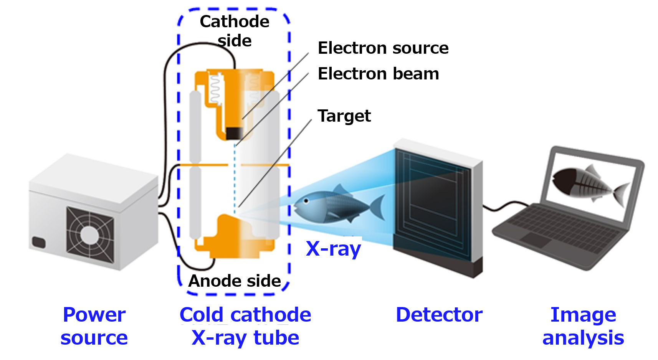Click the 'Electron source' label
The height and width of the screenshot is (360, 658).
tap(383, 48)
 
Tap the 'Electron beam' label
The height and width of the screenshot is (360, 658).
tap(378, 74)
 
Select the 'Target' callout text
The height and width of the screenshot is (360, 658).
tap(344, 116)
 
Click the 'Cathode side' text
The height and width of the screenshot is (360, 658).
tap(235, 31)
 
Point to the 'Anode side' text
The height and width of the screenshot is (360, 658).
tap(235, 281)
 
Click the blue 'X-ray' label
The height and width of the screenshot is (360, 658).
tap(333, 249)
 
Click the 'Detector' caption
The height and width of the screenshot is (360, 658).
tap(439, 315)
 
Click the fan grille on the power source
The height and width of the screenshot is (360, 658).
tap(89, 234)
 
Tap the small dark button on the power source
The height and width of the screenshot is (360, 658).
tap(39, 242)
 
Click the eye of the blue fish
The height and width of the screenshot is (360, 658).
tap(306, 201)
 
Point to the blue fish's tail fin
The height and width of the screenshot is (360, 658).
tap(378, 207)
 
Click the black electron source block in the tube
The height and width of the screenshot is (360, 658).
tap(234, 133)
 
